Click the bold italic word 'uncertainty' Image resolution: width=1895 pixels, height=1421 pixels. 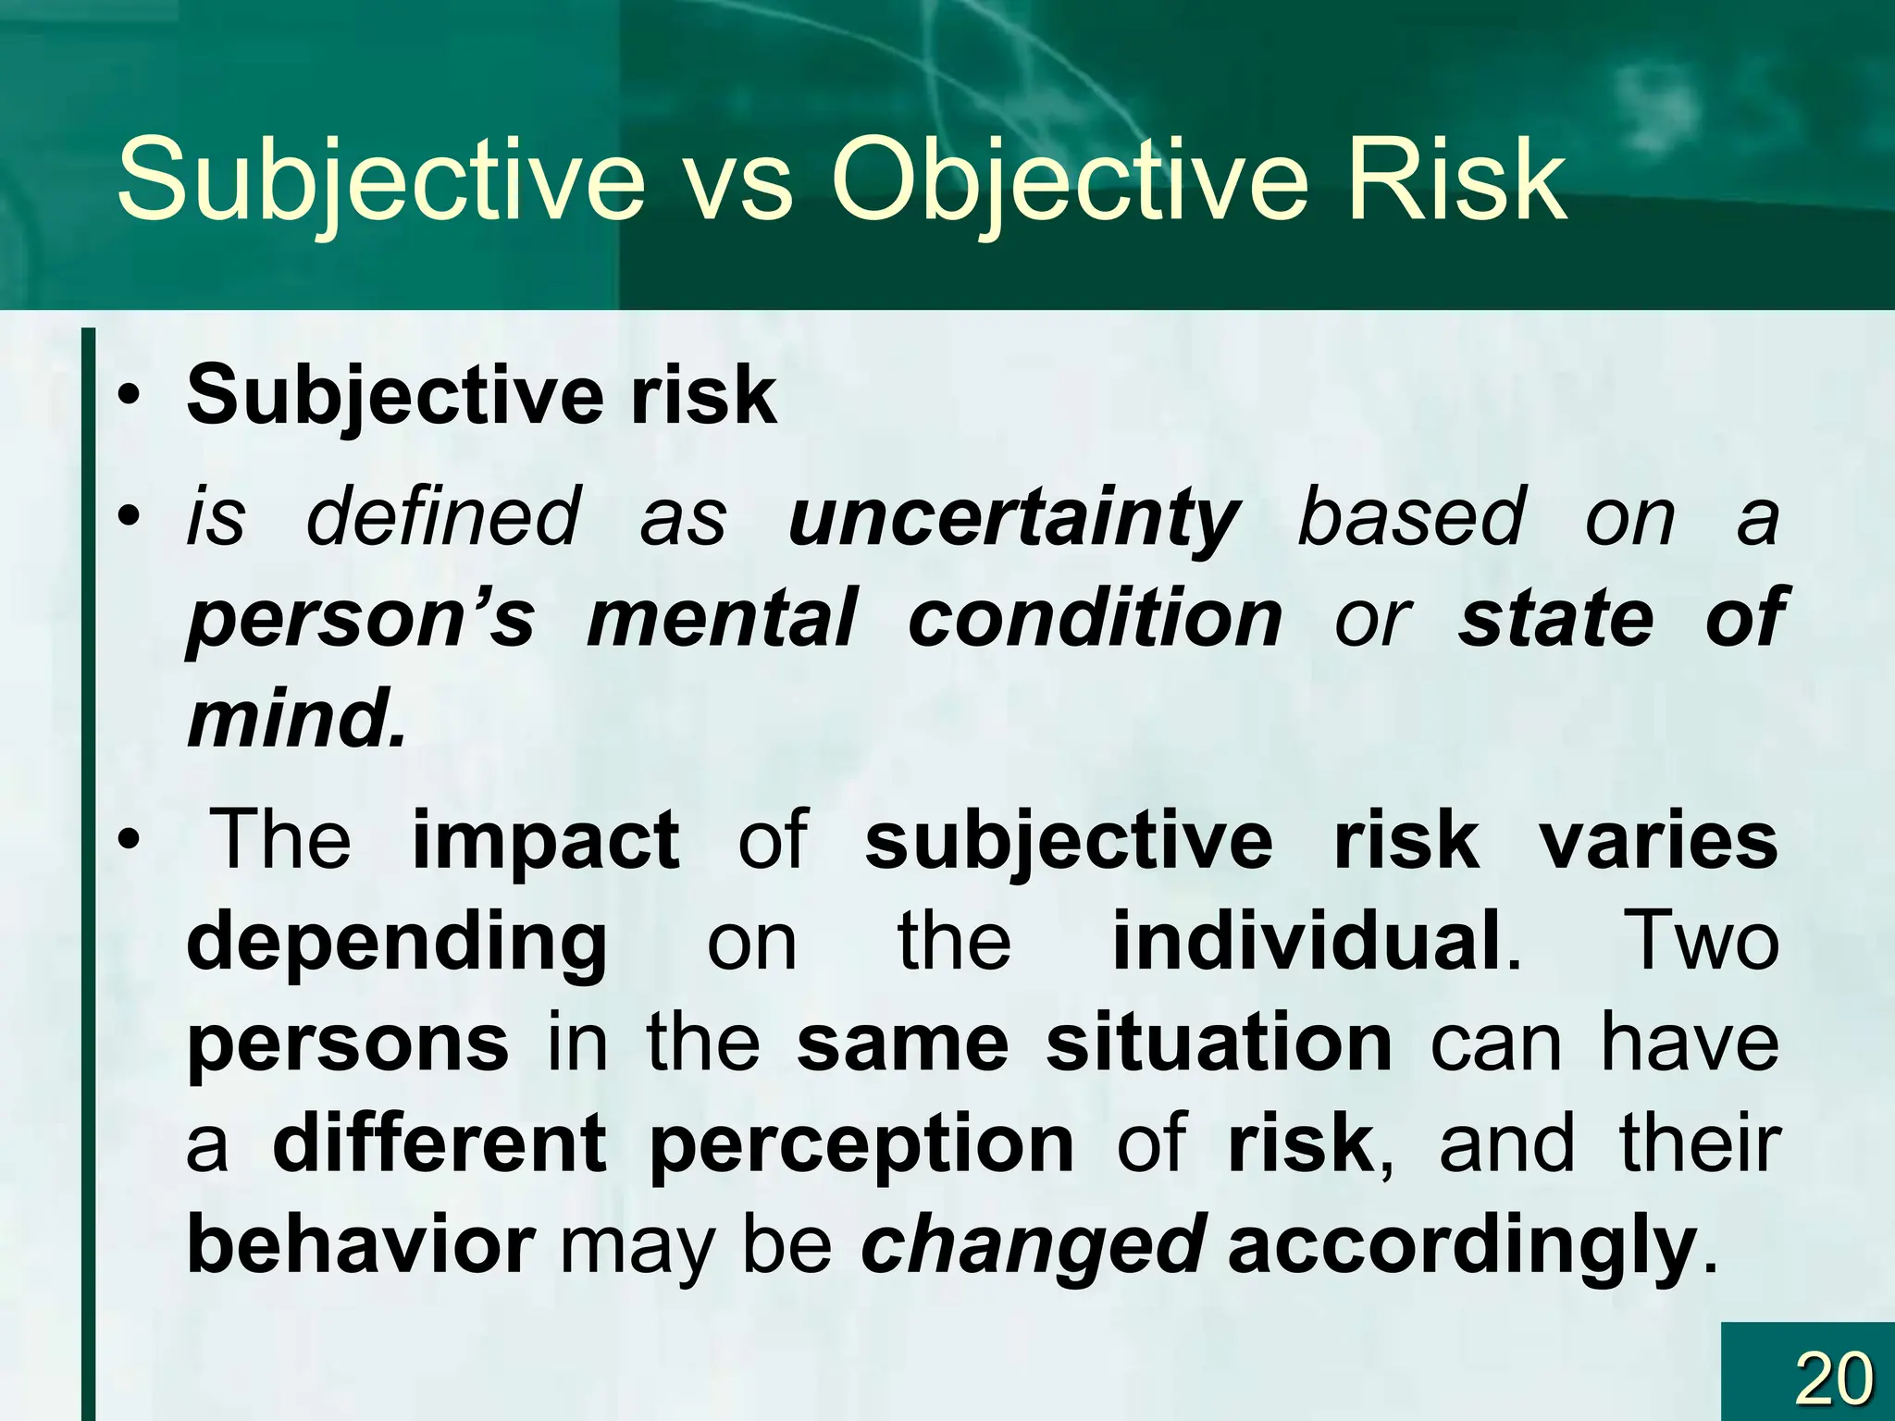[1013, 518]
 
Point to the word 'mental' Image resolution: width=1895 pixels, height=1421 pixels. [722, 618]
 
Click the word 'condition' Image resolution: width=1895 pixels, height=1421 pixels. [1095, 618]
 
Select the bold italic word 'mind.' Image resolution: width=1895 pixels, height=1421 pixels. [296, 720]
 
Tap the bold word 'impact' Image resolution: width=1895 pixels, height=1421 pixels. [546, 840]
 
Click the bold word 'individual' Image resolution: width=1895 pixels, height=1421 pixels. [1307, 942]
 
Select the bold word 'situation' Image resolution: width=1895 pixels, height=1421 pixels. [1219, 1044]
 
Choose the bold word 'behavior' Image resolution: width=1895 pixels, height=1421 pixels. [361, 1245]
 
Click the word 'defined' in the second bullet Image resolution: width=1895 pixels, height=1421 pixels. [444, 518]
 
